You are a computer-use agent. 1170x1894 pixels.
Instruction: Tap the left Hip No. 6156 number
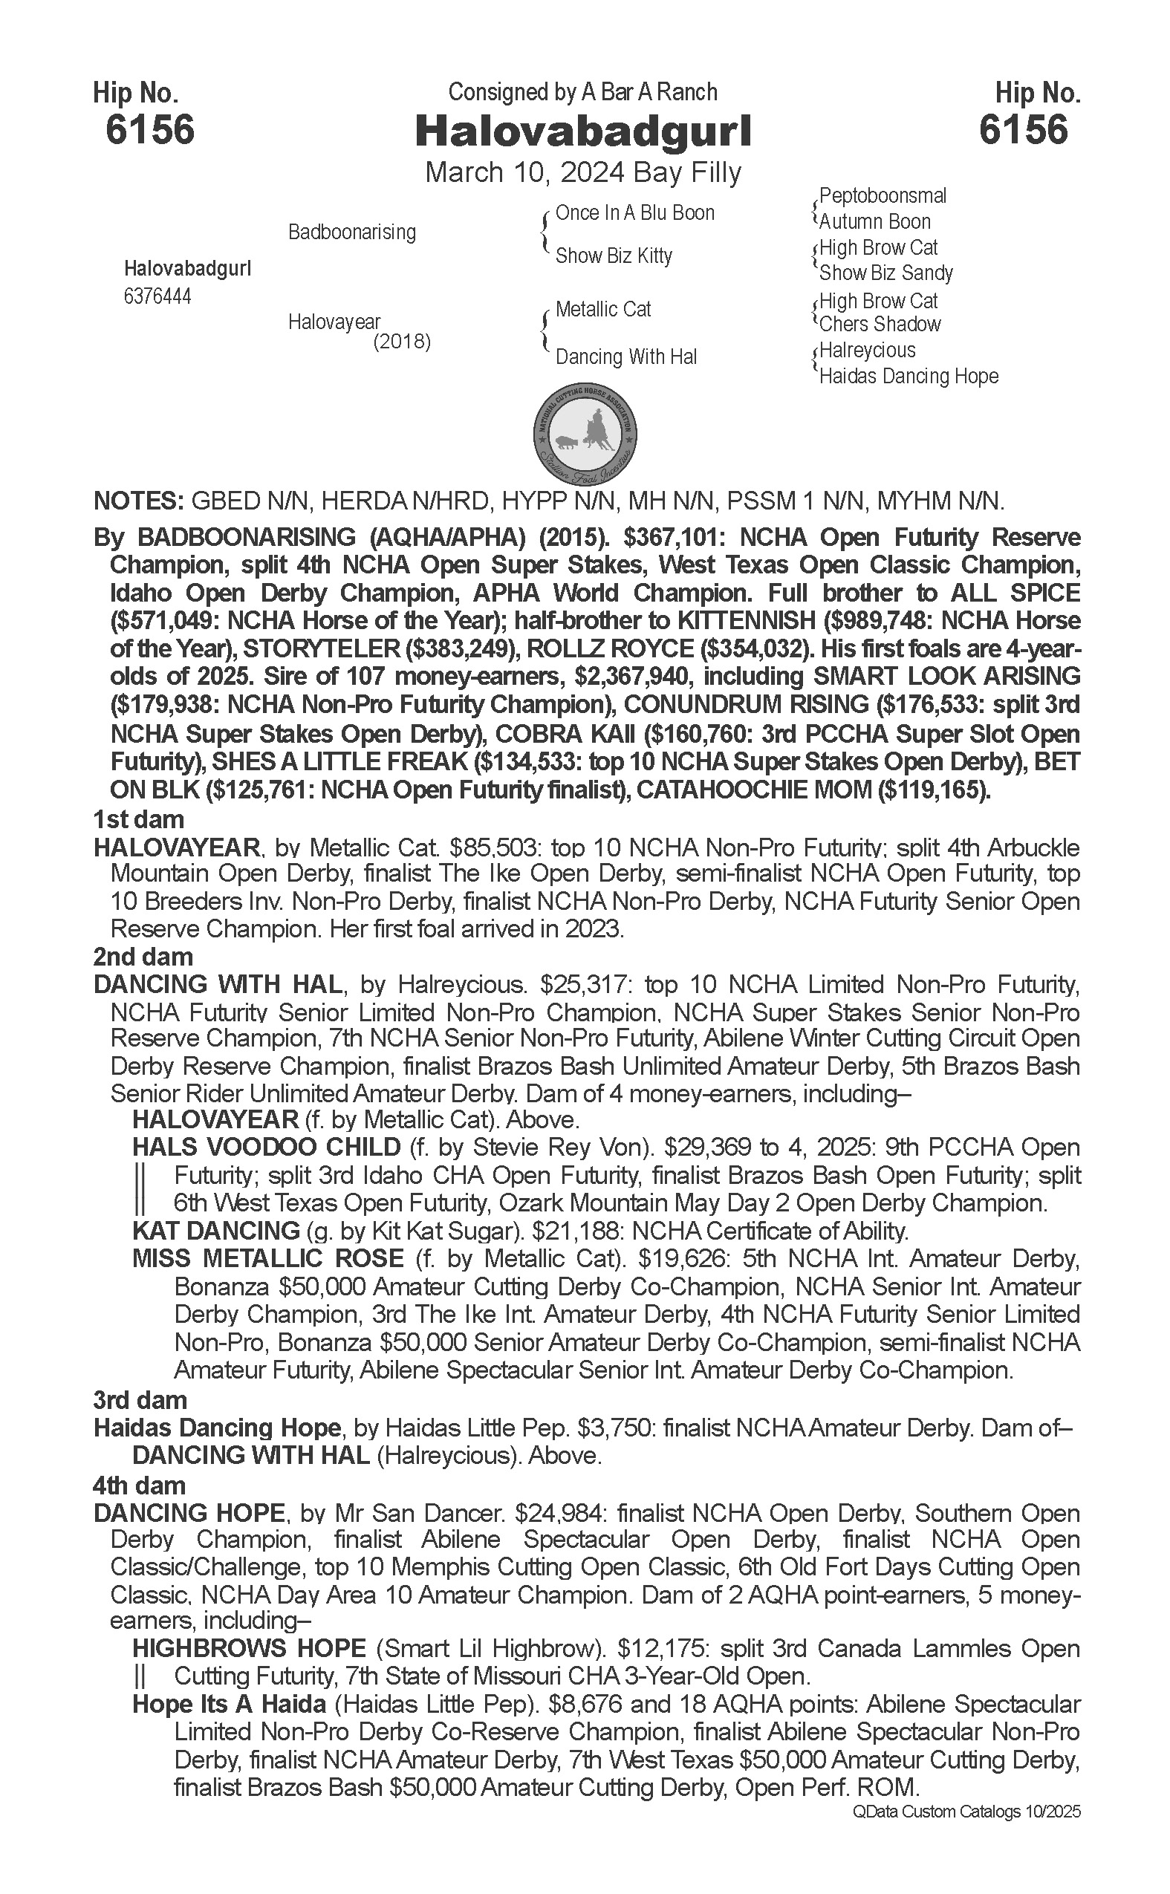(x=149, y=129)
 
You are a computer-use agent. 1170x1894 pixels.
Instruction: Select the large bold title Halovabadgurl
(x=583, y=132)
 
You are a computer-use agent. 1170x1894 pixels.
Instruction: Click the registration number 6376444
(x=157, y=296)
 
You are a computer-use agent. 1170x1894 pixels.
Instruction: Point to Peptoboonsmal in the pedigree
(x=883, y=196)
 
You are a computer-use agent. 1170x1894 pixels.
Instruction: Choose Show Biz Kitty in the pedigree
(x=614, y=256)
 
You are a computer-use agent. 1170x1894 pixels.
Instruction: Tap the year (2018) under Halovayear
(x=402, y=341)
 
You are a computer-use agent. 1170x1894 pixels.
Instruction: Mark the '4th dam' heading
(x=140, y=1485)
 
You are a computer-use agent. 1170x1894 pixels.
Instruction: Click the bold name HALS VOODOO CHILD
(x=266, y=1148)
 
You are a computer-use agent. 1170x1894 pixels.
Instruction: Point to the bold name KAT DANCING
(x=216, y=1230)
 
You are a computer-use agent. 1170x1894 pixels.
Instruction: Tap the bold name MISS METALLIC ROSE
(x=267, y=1259)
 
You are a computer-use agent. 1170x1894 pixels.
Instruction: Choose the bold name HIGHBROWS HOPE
(x=249, y=1649)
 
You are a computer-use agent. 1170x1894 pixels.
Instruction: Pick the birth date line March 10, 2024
(x=524, y=172)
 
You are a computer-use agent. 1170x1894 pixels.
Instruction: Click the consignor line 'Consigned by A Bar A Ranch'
(x=582, y=93)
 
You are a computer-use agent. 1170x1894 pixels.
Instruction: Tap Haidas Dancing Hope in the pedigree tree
(x=909, y=377)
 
